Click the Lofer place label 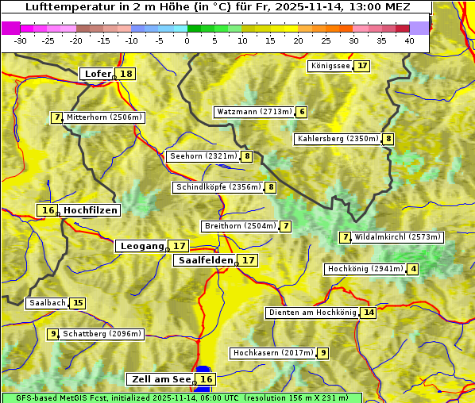click(97, 74)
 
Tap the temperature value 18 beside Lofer click(126, 74)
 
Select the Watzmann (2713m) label click(254, 112)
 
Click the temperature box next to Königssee click(362, 66)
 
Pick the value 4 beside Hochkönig click(413, 269)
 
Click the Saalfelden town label click(205, 260)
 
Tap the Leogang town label click(141, 246)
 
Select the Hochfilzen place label click(91, 210)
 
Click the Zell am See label click(160, 379)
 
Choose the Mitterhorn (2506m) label click(104, 117)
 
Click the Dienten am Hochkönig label click(311, 313)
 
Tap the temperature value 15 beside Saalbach click(77, 303)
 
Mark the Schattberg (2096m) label click(102, 334)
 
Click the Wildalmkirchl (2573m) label click(397, 237)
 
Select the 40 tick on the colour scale click(409, 40)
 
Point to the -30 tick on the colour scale click(21, 40)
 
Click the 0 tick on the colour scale click(187, 40)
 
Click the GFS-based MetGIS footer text click(181, 397)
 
